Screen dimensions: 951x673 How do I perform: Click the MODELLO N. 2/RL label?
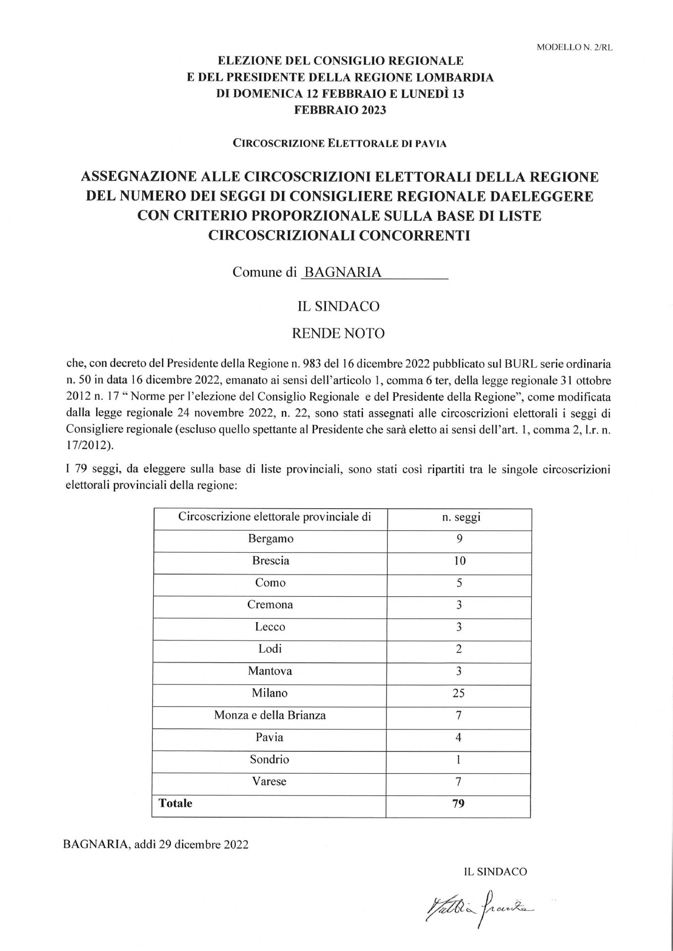(574, 48)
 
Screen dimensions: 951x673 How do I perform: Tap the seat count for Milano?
(459, 693)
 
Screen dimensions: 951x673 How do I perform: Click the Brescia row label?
(271, 561)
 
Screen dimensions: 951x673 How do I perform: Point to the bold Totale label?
(175, 803)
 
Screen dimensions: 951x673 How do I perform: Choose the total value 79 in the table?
(459, 803)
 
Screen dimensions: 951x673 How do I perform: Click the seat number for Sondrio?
(459, 759)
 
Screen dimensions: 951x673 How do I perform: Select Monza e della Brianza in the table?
(270, 715)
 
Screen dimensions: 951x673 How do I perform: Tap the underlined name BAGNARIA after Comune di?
(343, 272)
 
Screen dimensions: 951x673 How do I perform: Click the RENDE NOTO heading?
(338, 333)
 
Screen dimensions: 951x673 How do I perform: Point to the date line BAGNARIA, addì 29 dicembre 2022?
(156, 845)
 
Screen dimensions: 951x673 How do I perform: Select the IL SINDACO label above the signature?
(495, 872)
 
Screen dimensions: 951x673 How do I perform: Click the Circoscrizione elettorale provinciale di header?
(275, 517)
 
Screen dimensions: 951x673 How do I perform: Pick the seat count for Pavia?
(459, 738)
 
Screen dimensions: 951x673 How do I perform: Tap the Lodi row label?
(270, 649)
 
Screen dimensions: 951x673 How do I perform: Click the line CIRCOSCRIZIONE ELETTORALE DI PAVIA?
(339, 144)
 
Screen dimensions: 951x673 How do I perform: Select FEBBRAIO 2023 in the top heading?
(340, 110)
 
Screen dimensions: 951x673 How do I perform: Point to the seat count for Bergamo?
(459, 539)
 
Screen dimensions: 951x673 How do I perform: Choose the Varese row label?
(270, 781)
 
